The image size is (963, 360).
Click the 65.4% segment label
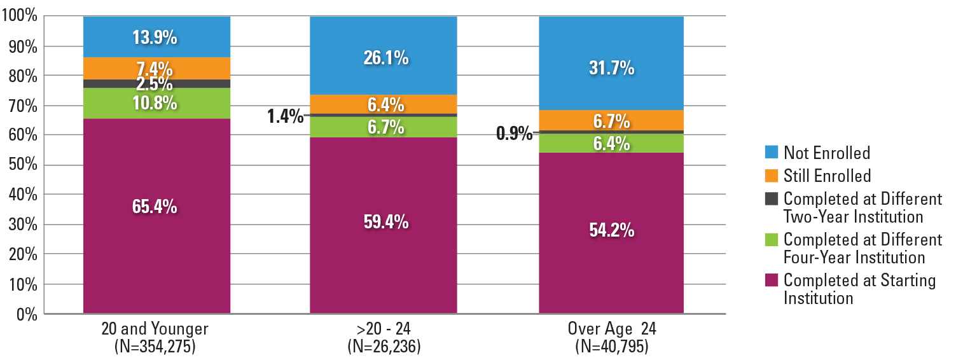coord(155,207)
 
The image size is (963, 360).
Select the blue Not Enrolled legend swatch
coord(770,152)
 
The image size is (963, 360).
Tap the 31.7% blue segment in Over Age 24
coord(611,68)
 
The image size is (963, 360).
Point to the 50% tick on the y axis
coord(23,165)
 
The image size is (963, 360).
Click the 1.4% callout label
coord(285,116)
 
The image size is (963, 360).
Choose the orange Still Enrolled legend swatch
coord(770,175)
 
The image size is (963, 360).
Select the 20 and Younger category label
coord(155,330)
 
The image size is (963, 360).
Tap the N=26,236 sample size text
coord(384,347)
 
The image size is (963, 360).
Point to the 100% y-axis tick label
coord(20,16)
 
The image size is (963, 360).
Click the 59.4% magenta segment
coord(384,222)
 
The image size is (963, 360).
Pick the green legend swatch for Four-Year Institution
coord(770,240)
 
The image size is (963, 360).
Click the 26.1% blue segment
coord(384,58)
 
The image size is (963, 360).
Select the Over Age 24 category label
coord(612,330)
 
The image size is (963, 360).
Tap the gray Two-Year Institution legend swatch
coord(770,198)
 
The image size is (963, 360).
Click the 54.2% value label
coord(611,230)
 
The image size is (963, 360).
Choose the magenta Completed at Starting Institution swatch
coord(770,280)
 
